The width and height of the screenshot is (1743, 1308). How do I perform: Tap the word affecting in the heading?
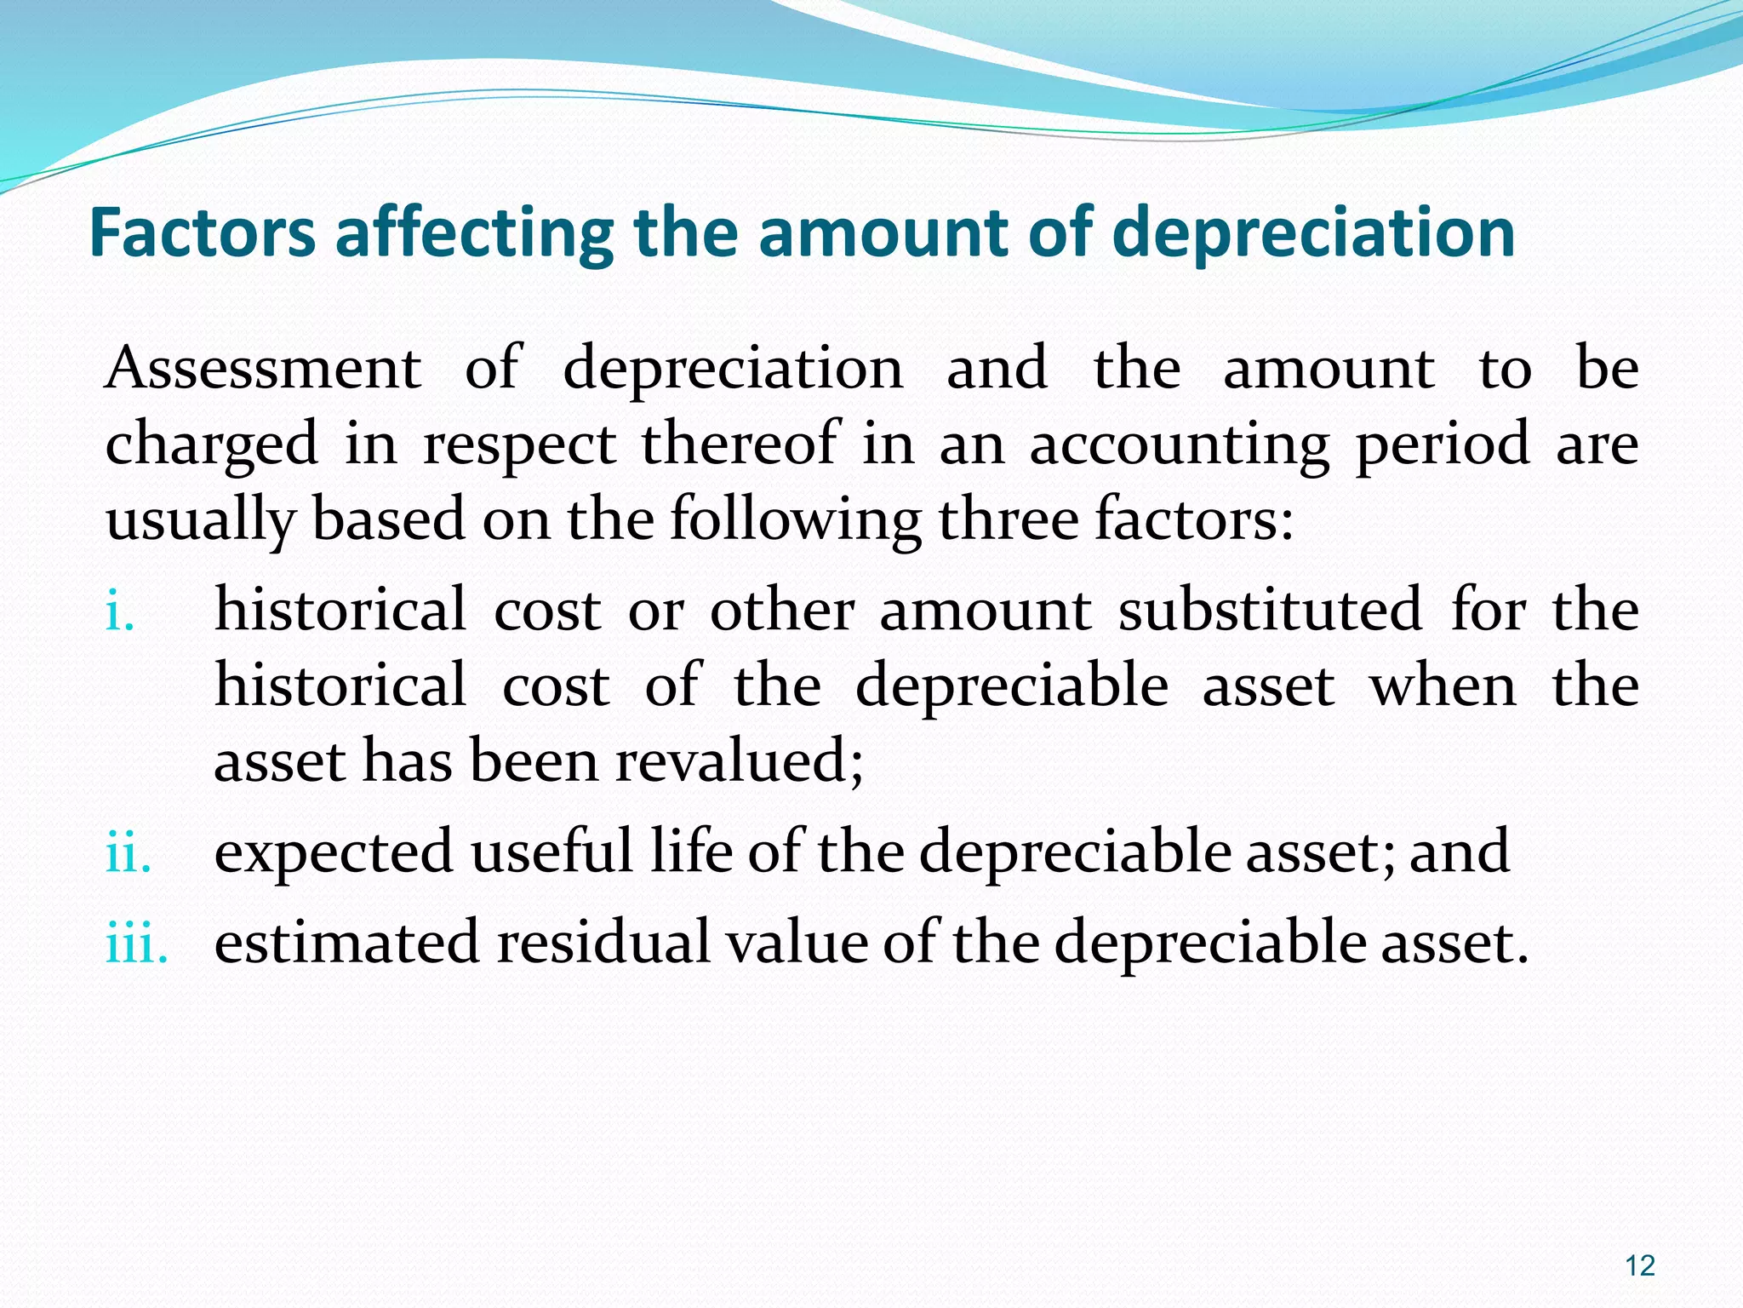point(474,234)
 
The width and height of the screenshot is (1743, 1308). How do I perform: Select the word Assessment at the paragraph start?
point(263,369)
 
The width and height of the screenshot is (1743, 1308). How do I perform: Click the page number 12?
point(1640,1265)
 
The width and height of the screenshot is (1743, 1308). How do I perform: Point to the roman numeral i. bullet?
point(120,611)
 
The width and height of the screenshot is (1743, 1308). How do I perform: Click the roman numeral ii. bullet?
point(129,852)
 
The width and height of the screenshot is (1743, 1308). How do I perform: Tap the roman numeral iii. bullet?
point(136,943)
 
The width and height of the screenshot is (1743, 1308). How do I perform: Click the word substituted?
point(1270,611)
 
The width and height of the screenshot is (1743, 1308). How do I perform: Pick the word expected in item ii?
point(334,852)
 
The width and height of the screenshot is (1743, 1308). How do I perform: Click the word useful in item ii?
point(551,852)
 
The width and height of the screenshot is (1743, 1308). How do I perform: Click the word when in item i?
point(1443,686)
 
